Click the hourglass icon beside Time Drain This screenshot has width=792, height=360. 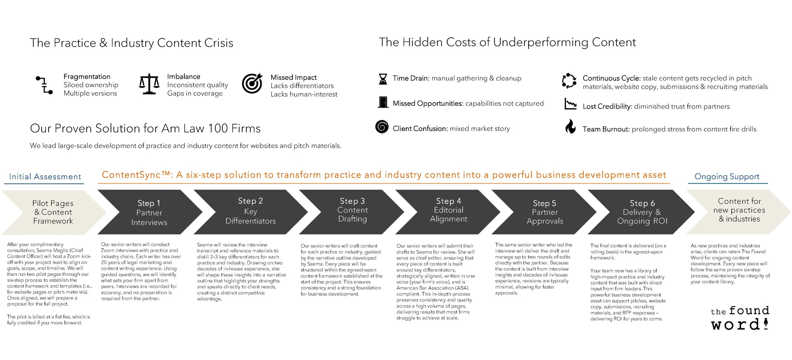[x=383, y=79]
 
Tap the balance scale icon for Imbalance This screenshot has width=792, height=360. [x=149, y=84]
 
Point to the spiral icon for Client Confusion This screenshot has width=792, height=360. [x=382, y=127]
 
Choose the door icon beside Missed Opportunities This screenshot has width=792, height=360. [x=383, y=102]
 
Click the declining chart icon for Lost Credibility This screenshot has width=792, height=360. [x=570, y=104]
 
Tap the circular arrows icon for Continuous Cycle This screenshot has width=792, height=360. [x=569, y=81]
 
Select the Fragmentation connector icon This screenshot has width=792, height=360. [x=44, y=85]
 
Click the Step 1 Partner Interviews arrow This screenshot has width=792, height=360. [x=149, y=212]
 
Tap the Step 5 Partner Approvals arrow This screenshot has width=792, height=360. [x=545, y=212]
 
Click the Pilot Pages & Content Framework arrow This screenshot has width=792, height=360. [x=53, y=212]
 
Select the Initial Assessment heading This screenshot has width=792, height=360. [x=45, y=177]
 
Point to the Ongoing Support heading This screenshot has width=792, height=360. [x=727, y=177]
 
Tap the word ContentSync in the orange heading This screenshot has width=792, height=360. [x=136, y=175]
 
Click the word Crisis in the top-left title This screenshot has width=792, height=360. [x=219, y=43]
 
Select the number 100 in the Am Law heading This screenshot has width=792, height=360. [x=218, y=129]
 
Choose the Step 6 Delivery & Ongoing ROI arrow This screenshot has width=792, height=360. [x=642, y=212]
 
